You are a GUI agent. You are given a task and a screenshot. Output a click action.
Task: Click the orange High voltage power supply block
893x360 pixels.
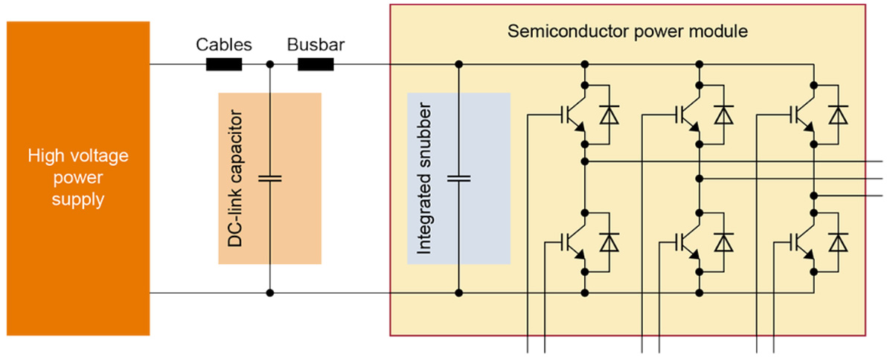pyautogui.click(x=78, y=179)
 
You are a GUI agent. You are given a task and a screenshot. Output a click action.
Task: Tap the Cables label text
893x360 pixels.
pyautogui.click(x=224, y=45)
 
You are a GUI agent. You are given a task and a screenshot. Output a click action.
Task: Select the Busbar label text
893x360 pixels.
pyautogui.click(x=316, y=45)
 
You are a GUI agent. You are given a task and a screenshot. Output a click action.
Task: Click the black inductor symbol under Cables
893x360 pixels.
pyautogui.click(x=224, y=65)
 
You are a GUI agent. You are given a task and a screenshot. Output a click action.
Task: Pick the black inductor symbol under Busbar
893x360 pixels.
pyautogui.click(x=316, y=65)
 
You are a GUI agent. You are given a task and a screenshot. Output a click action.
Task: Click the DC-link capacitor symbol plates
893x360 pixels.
pyautogui.click(x=269, y=179)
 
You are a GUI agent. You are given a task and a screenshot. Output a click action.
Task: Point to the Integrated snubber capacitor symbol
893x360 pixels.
pyautogui.click(x=458, y=179)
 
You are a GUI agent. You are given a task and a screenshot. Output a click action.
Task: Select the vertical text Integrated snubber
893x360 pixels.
pyautogui.click(x=425, y=179)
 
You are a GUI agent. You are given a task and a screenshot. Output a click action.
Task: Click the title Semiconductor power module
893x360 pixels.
pyautogui.click(x=627, y=32)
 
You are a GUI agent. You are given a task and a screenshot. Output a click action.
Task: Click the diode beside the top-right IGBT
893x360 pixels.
pyautogui.click(x=839, y=115)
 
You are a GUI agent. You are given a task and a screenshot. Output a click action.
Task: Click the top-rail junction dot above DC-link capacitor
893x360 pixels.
pyautogui.click(x=269, y=65)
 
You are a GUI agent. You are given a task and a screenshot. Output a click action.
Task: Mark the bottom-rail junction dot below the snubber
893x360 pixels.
pyautogui.click(x=458, y=292)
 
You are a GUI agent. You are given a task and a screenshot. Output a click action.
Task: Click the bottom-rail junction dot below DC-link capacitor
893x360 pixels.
pyautogui.click(x=269, y=292)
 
